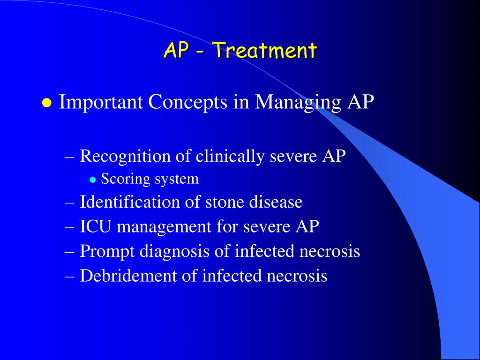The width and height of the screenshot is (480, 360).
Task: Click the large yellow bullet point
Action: click(x=47, y=103)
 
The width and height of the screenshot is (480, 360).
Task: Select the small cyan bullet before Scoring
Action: click(x=93, y=180)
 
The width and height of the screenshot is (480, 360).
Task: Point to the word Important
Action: click(x=100, y=102)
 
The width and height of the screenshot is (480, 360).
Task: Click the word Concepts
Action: click(x=187, y=102)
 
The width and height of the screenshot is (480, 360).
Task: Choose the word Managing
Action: click(x=298, y=102)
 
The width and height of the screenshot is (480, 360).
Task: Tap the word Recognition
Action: click(x=125, y=157)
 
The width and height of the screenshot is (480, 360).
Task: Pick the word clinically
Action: click(x=230, y=157)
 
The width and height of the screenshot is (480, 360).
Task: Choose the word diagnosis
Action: click(x=174, y=252)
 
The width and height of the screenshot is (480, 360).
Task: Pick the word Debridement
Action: click(x=128, y=276)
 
